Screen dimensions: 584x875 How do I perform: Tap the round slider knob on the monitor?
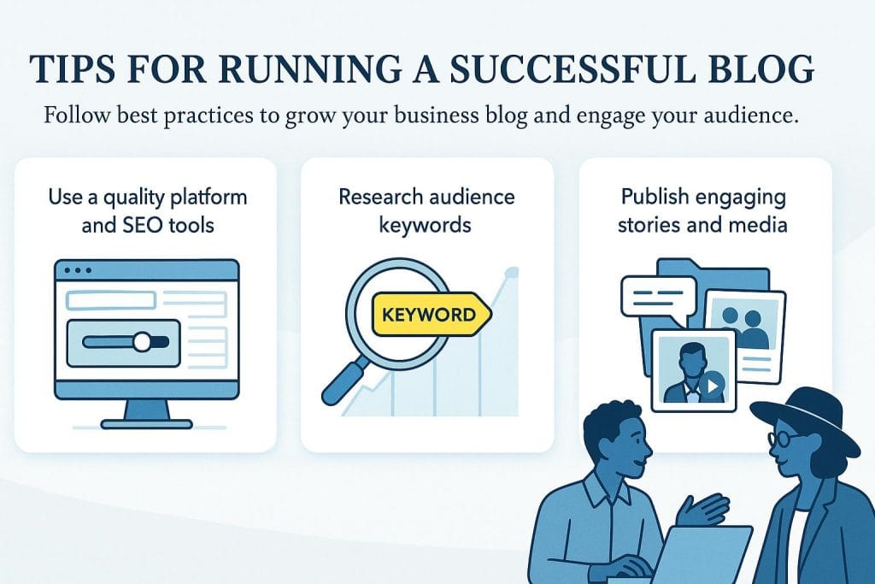tap(143, 342)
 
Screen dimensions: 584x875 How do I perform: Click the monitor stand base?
tap(146, 422)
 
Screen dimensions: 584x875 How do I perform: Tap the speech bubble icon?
tap(654, 298)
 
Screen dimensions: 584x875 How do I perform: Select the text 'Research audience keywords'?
tap(426, 211)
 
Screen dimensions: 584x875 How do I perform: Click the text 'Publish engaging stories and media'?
tap(703, 211)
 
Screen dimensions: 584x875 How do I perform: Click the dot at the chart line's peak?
tap(511, 273)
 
